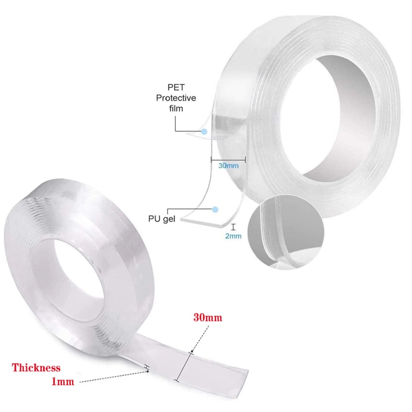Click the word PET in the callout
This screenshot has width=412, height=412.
pos(176,87)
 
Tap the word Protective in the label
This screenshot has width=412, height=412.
pos(176,98)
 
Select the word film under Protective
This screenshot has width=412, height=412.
pos(176,108)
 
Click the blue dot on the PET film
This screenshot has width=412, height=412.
pos(204,131)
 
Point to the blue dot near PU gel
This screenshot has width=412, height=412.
pos(215,210)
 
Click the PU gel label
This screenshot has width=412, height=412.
pos(162,219)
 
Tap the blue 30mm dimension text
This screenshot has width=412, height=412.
pos(229,165)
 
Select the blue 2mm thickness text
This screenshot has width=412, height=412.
pos(233,236)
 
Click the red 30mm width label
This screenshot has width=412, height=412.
pos(208,318)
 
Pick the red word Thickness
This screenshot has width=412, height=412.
pos(36,368)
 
